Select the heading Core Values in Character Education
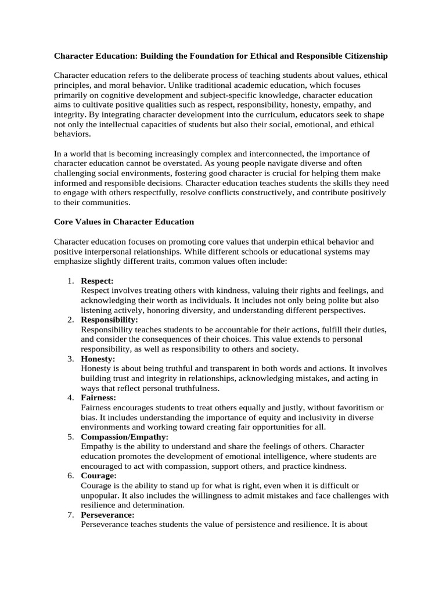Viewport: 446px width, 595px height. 124,221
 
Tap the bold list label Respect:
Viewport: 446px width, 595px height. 97,281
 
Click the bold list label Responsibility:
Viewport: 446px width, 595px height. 109,320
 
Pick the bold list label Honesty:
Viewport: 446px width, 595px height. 98,359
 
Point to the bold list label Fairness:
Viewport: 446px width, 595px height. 99,397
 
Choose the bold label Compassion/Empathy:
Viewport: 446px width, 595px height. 125,436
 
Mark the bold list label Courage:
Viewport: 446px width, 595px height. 99,475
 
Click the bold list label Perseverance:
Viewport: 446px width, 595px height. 107,515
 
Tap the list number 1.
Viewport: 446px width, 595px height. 70,281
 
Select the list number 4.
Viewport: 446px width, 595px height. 70,397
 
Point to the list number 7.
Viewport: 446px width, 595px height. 70,515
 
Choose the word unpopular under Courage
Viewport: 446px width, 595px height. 100,495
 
